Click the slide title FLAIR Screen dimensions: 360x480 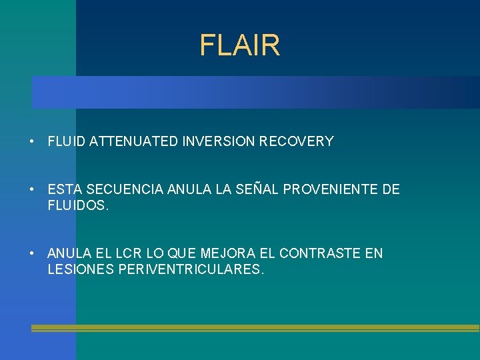tap(240, 46)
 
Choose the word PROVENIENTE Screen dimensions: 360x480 tap(327, 190)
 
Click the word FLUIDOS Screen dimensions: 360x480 tap(77, 206)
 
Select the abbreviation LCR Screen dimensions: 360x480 tap(126, 253)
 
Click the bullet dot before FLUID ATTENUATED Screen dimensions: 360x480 tap(32, 142)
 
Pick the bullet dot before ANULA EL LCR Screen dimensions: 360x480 tap(32, 254)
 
